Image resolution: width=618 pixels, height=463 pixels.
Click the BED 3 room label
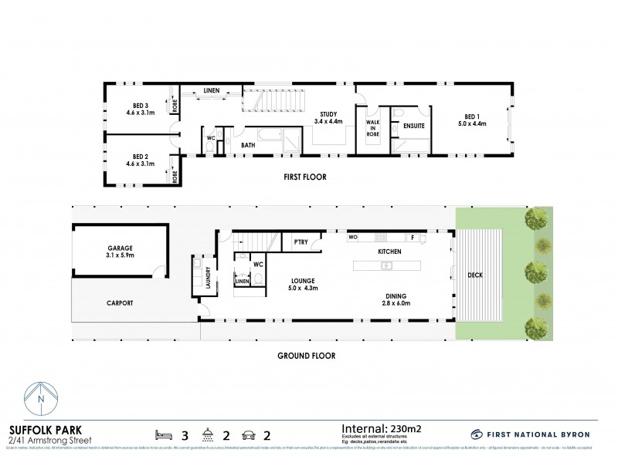(140, 109)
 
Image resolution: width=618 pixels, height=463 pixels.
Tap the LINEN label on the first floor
(211, 91)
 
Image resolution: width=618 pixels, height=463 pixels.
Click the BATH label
(247, 144)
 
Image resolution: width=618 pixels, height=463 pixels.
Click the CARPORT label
(120, 303)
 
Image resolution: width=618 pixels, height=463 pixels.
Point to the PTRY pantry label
(301, 242)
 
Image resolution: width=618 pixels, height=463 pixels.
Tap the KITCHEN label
(389, 252)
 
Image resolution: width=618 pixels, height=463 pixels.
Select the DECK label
(474, 275)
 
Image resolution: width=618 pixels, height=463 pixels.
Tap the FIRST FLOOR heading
(304, 177)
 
